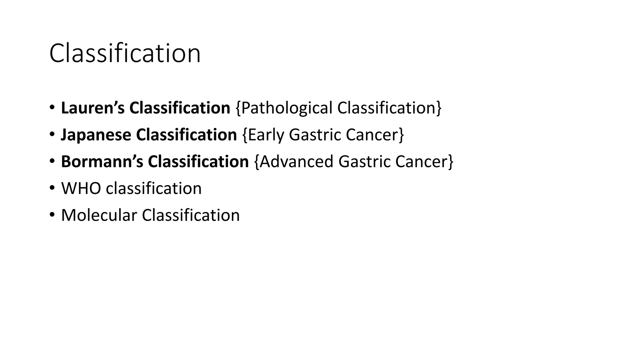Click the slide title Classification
tap(125, 53)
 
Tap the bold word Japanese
tap(96, 135)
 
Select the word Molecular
tap(99, 215)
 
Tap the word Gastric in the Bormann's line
tap(364, 162)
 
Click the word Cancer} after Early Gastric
tap(375, 135)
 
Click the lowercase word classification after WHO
tap(154, 188)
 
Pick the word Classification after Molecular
tap(191, 215)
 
